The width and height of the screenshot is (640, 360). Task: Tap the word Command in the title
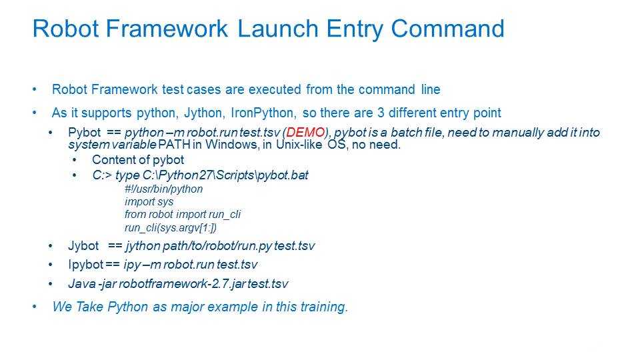(447, 29)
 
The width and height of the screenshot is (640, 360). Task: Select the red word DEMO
(306, 132)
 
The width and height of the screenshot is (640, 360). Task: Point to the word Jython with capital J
(203, 113)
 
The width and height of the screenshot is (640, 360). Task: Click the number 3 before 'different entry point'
(381, 113)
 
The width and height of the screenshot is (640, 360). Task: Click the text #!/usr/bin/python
(164, 189)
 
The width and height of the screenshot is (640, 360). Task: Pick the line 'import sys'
(149, 201)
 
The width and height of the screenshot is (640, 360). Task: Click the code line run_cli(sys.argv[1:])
(171, 227)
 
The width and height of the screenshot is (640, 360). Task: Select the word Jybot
(83, 246)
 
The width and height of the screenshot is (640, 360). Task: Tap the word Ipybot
(86, 265)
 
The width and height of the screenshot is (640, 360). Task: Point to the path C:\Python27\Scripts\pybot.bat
(225, 175)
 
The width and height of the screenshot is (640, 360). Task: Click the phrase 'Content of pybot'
(138, 159)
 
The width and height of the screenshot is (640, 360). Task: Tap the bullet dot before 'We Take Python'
(35, 307)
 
